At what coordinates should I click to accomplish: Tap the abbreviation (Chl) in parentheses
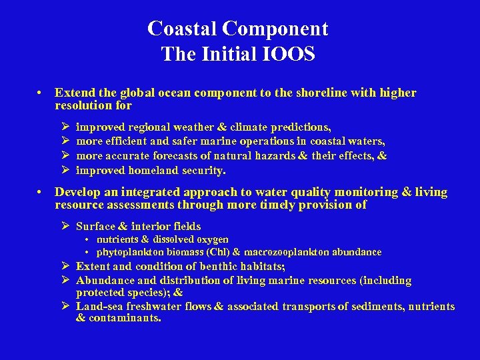(x=217, y=252)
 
